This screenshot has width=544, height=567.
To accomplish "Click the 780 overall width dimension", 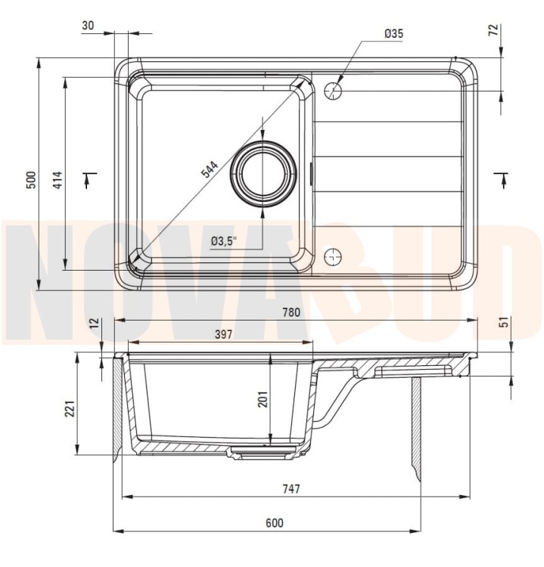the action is click(291, 312).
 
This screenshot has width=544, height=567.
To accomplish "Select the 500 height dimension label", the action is click(32, 180).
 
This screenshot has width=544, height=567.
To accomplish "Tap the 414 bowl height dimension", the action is click(58, 180).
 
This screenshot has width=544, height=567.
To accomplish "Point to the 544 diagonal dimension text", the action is click(210, 169).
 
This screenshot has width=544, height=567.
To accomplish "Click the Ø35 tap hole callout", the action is click(393, 33).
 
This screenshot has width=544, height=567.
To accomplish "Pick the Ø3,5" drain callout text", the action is click(224, 241).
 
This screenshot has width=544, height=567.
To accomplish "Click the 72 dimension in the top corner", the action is click(494, 29).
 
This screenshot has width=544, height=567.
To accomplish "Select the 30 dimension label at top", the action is click(88, 25).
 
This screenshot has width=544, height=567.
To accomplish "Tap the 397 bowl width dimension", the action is click(223, 333).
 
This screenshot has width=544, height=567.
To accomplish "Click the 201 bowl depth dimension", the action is click(263, 399).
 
